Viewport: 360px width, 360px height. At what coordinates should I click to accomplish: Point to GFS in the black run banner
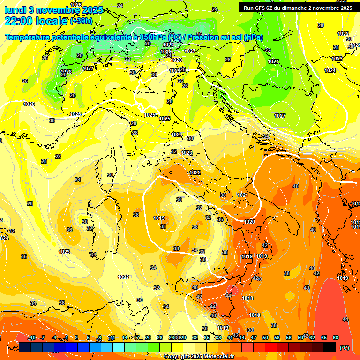click(261, 8)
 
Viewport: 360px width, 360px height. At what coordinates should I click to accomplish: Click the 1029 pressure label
click(168, 45)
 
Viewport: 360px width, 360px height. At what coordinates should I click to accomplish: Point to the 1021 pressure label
click(242, 195)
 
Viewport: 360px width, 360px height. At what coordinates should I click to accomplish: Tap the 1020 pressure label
click(249, 222)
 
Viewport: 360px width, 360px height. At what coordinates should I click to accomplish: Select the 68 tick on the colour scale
click(336, 337)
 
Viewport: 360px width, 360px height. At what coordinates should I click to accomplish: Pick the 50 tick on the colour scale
click(265, 337)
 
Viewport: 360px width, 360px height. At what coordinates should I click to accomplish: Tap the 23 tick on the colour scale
click(160, 337)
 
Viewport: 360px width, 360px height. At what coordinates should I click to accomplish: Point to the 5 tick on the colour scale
click(88, 337)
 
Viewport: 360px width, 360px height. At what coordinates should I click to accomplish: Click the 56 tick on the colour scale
click(289, 337)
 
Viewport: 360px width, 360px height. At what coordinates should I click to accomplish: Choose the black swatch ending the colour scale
click(330, 347)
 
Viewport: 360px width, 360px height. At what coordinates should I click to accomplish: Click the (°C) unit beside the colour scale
click(345, 348)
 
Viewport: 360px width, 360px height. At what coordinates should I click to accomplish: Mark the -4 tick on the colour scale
click(54, 337)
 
